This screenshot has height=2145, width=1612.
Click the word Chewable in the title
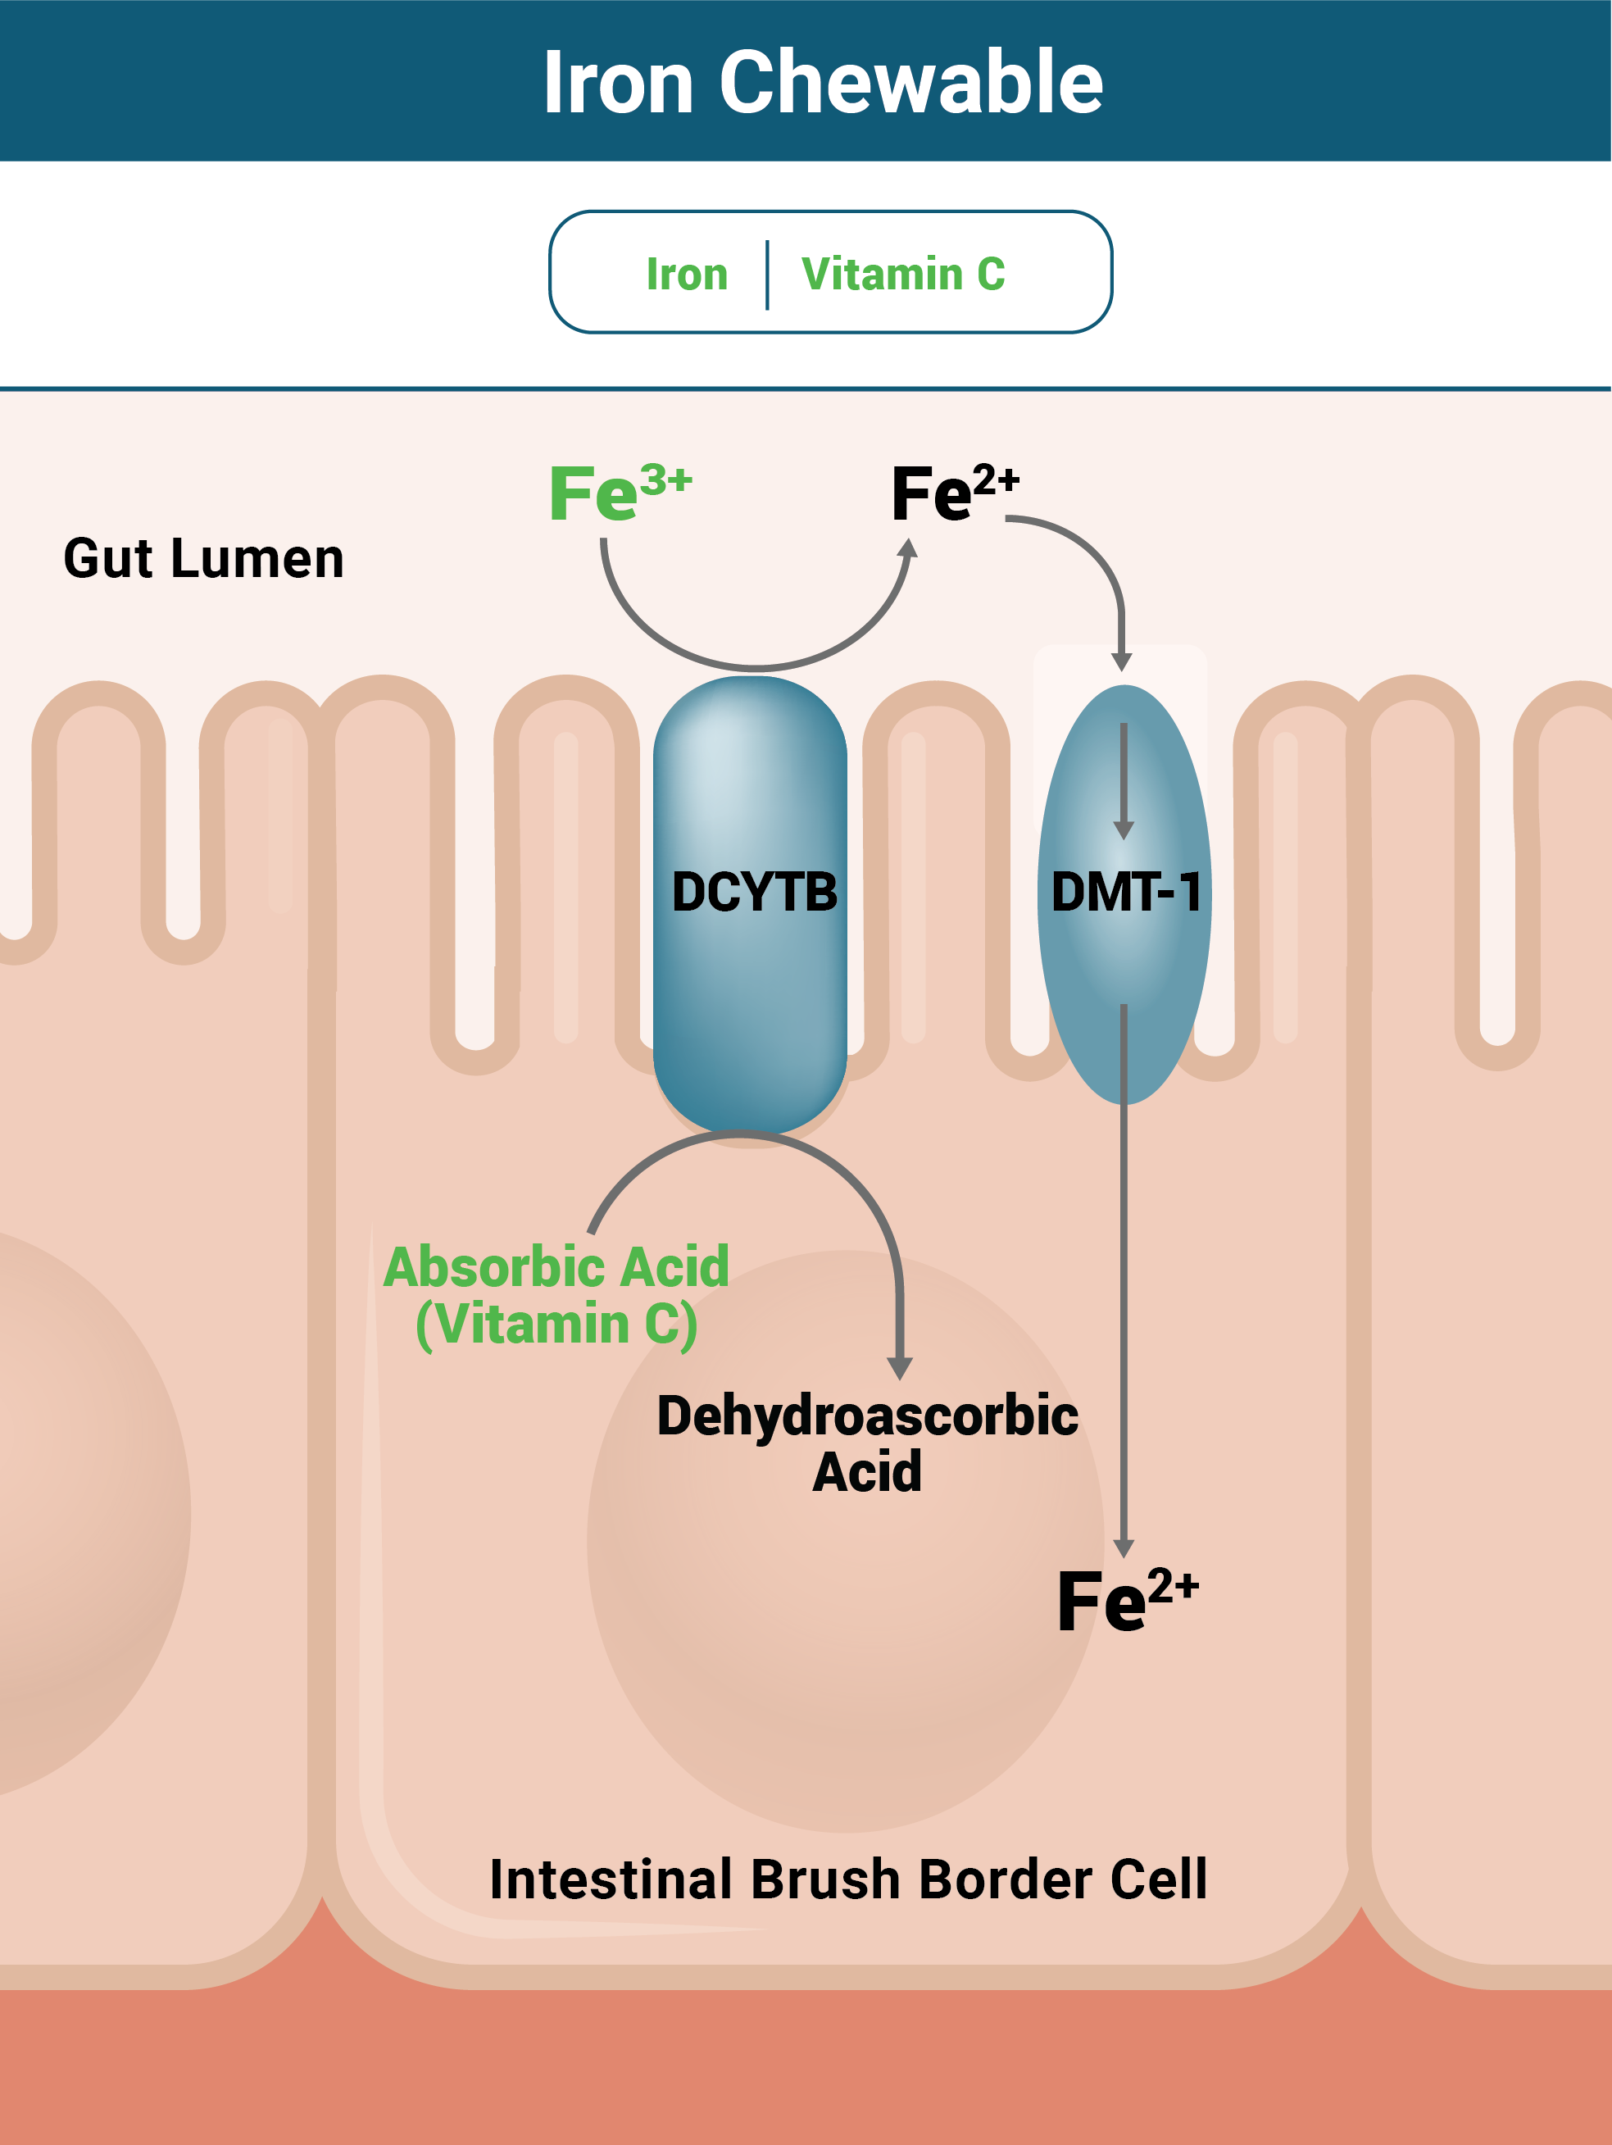tap(910, 84)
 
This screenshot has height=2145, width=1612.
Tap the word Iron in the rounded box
tap(686, 275)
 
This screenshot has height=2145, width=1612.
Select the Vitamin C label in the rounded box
tap(902, 275)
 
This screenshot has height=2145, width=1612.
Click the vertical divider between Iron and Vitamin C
tap(767, 275)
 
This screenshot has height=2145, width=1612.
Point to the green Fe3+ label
tap(620, 493)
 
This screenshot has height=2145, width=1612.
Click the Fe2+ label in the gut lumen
tap(954, 493)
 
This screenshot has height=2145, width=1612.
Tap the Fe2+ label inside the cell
tap(1126, 1600)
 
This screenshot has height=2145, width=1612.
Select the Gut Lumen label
tap(203, 560)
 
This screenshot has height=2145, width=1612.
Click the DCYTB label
tap(754, 892)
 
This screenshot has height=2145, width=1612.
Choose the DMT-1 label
tap(1125, 892)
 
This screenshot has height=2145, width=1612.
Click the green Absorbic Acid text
tap(556, 1267)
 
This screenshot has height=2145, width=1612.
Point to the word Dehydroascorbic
tap(868, 1416)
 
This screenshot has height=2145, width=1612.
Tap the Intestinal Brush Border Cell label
tap(848, 1879)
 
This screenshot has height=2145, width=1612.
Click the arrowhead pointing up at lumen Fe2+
tap(907, 549)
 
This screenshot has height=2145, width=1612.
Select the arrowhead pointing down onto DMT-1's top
tap(1122, 661)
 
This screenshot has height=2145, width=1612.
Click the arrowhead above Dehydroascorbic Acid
tap(900, 1367)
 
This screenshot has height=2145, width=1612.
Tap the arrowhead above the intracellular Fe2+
tap(1124, 1547)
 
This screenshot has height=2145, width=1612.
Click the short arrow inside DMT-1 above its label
tap(1124, 780)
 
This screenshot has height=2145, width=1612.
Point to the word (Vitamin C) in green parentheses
tap(556, 1325)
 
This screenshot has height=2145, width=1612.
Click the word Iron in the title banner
tap(617, 84)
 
